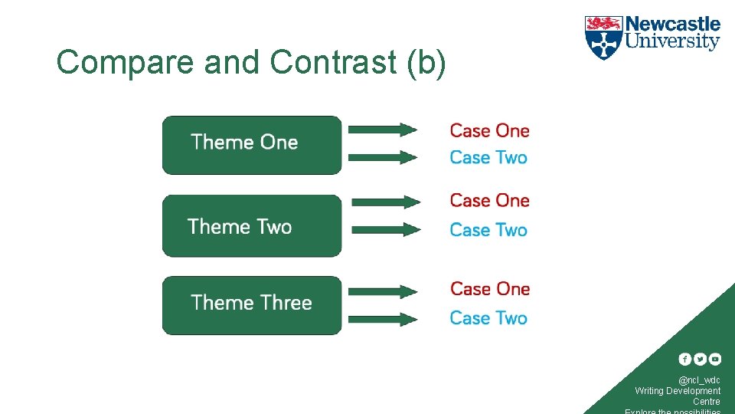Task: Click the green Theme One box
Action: click(x=251, y=145)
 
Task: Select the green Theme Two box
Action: click(x=251, y=225)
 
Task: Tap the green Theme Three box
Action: click(x=251, y=304)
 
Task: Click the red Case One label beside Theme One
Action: click(x=489, y=131)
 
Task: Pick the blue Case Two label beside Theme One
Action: click(x=488, y=158)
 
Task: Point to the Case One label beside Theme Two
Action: click(x=489, y=201)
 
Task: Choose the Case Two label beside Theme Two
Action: click(x=488, y=230)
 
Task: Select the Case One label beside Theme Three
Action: click(x=490, y=289)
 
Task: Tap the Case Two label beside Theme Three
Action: click(x=488, y=318)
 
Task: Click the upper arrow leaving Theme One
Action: click(x=382, y=130)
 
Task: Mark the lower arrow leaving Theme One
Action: click(x=382, y=157)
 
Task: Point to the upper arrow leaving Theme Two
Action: click(x=386, y=202)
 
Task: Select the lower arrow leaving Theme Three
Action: click(x=382, y=319)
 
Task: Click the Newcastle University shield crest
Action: click(x=603, y=38)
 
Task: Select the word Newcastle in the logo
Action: click(x=673, y=24)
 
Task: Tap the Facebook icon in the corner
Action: click(x=684, y=359)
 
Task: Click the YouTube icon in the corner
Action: click(x=714, y=359)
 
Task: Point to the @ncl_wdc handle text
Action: click(x=699, y=380)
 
